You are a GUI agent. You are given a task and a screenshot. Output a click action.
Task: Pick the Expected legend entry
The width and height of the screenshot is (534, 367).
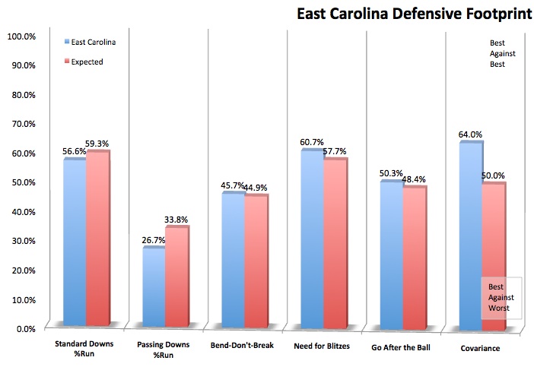click(89, 62)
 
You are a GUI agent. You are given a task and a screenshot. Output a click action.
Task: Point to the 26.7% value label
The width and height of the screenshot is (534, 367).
click(153, 242)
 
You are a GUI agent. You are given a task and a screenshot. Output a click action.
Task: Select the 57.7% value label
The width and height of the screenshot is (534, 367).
click(335, 151)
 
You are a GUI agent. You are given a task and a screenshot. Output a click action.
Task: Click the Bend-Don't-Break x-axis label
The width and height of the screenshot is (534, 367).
click(243, 347)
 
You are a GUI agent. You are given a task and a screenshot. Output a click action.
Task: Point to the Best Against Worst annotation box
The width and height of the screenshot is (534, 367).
click(501, 297)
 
